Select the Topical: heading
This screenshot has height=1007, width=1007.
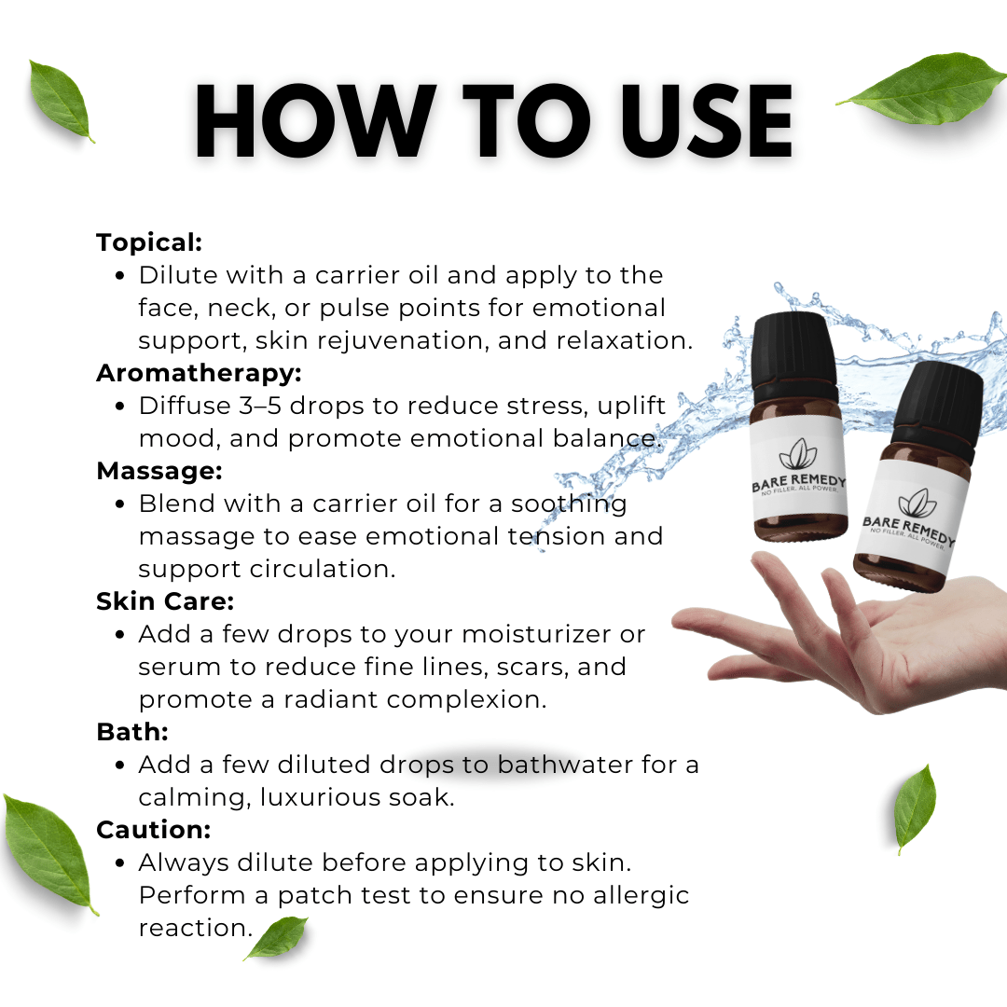click(149, 242)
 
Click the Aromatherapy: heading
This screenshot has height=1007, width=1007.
click(200, 373)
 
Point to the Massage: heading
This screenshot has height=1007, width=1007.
click(159, 471)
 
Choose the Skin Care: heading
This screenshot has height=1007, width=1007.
click(165, 601)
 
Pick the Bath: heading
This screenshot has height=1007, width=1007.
click(132, 732)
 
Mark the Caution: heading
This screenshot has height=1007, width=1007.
click(154, 830)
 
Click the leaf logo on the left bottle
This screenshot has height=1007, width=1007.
click(797, 455)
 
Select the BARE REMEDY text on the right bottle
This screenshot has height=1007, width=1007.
click(909, 530)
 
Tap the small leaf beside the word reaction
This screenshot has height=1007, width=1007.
click(276, 938)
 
